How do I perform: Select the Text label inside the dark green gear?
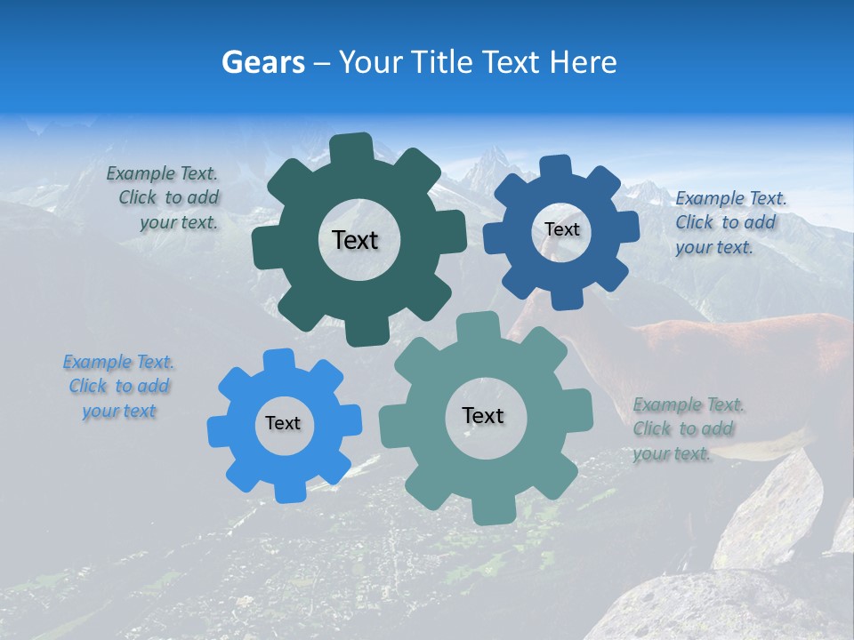(355, 240)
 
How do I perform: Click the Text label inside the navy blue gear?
(561, 229)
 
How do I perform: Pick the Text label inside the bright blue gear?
(283, 424)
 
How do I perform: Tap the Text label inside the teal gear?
(483, 416)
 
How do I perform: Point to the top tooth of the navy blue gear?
(554, 167)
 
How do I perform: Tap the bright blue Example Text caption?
(119, 387)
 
